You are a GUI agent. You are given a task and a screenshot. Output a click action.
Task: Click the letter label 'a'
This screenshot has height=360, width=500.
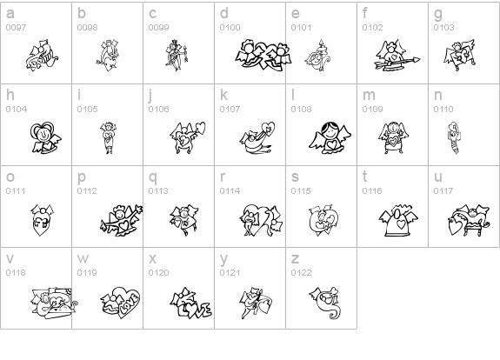10,14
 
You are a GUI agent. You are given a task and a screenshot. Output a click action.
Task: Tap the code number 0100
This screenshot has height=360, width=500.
230,28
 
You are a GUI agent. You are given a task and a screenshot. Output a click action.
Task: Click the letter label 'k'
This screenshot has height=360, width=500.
223,95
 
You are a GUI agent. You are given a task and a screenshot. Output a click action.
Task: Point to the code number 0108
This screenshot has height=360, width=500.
301,110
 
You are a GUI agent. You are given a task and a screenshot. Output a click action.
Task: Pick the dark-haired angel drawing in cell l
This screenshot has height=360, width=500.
330,138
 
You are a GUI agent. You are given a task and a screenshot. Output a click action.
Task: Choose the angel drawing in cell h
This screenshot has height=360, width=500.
45,137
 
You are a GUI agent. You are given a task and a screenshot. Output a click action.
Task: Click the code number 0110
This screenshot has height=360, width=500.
443,110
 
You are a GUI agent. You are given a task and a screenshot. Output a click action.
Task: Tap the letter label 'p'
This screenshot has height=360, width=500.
82,177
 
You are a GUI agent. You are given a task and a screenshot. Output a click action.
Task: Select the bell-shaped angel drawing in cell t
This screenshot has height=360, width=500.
398,220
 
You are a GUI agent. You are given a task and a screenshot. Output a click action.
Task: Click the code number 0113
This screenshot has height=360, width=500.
158,191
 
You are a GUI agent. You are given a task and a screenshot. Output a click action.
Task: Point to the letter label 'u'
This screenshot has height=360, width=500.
438,177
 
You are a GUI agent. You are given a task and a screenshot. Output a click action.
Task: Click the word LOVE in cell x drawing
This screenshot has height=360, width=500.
195,310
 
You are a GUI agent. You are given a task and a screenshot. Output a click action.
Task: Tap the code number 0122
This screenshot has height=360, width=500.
301,273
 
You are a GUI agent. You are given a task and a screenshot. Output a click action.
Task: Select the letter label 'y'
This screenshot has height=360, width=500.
223,259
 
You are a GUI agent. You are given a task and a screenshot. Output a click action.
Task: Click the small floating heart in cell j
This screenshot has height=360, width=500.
201,128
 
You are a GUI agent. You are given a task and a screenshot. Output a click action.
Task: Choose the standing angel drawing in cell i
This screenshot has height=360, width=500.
109,138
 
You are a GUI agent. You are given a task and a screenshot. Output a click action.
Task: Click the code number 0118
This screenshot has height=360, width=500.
16,273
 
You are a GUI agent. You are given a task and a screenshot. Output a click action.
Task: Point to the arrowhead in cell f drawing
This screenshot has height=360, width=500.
416,59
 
